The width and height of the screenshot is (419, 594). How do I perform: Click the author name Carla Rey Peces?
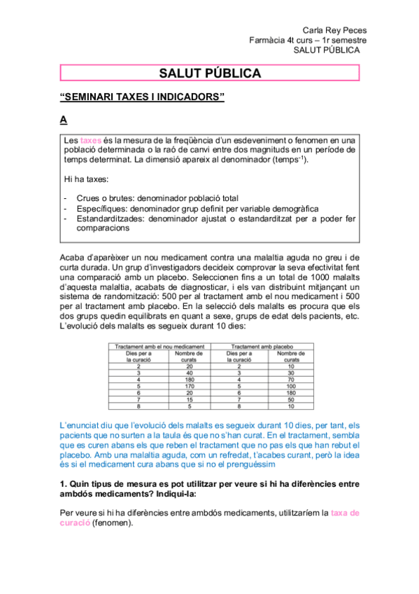pos(334,30)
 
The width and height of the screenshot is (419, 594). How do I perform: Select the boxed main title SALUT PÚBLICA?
pos(210,73)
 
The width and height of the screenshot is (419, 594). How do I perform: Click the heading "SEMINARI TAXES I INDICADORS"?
pos(143,97)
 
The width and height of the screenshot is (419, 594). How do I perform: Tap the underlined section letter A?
pos(64,120)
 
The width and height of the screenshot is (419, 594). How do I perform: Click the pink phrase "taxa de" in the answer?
pos(344,513)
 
